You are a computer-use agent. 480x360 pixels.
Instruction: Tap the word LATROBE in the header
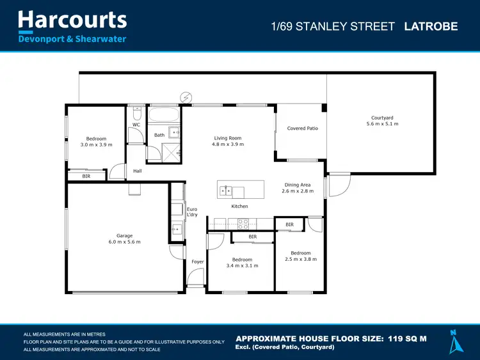point(431,27)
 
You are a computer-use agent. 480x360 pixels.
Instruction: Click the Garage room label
point(124,235)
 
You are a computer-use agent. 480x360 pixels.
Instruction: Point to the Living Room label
point(227,138)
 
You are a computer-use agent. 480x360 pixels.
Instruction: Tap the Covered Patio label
point(302,129)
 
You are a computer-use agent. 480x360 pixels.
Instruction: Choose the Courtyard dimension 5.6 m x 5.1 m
point(382,123)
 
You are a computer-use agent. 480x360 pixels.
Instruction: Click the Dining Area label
point(298,185)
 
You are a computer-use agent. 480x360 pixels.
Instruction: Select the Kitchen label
point(239,207)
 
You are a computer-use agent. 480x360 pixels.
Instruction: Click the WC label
point(136,125)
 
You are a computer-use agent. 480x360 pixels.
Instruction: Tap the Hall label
point(137,171)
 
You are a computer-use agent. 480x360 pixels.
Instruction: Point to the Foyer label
point(197,262)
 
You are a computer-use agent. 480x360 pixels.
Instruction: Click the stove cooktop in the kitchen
point(243,223)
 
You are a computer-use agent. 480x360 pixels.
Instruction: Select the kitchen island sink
point(226,191)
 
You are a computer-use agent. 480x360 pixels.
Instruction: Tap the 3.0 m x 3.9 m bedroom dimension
point(96,145)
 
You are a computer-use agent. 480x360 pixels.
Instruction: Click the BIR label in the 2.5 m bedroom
point(289,224)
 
